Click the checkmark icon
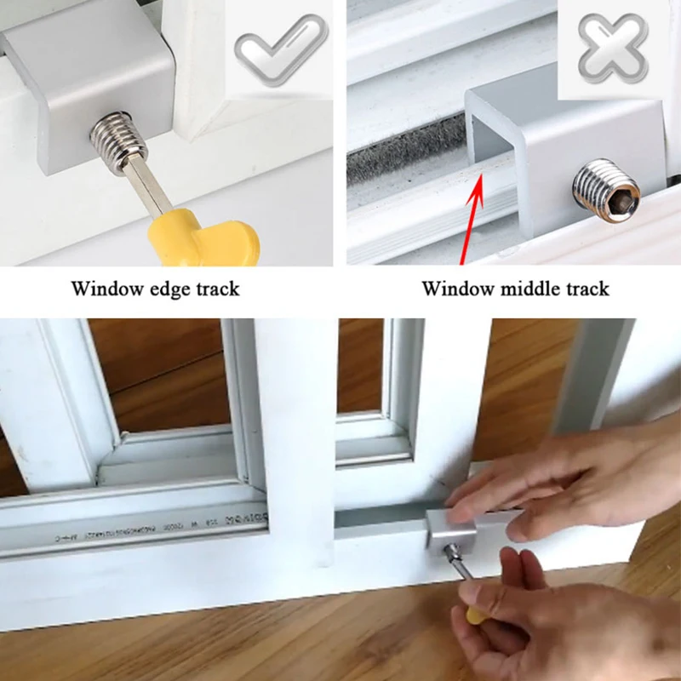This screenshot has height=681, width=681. tap(281, 51)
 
